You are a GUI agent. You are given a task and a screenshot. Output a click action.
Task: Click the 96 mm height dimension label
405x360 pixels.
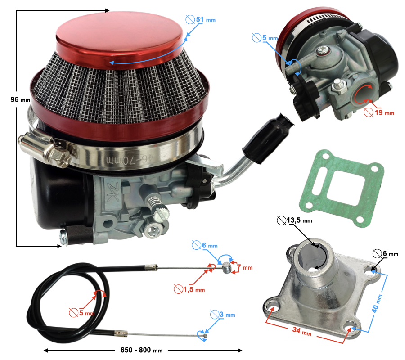click(x=20, y=100)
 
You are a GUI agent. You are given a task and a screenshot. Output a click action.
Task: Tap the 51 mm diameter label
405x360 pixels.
click(x=200, y=20)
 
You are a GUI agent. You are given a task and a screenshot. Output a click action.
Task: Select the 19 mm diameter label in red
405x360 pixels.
click(x=379, y=112)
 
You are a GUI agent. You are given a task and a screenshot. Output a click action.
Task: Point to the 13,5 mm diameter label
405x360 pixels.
click(x=294, y=220)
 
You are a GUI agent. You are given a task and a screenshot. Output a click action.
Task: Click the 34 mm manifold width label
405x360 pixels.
click(x=302, y=331)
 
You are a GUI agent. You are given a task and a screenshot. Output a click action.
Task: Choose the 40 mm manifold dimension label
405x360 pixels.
click(x=377, y=303)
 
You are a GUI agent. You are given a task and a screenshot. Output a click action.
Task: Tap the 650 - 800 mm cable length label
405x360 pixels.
click(x=142, y=350)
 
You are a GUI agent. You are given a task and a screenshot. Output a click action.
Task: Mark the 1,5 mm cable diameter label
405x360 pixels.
click(x=189, y=289)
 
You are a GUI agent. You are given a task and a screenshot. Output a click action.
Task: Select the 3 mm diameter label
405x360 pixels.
click(x=223, y=315)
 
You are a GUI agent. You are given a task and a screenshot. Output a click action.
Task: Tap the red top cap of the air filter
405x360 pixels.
click(x=119, y=39)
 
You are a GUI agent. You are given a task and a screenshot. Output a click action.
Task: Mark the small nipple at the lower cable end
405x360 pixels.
click(x=205, y=335)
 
